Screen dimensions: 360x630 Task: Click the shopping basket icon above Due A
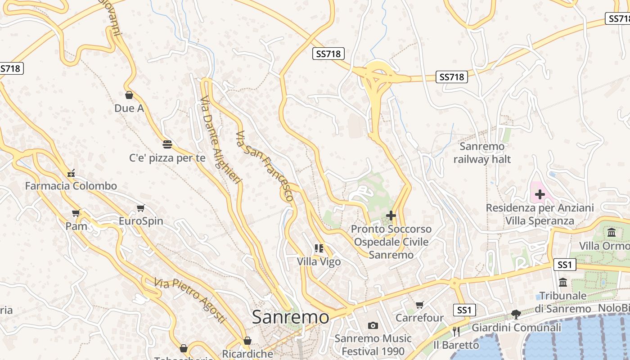(129, 95)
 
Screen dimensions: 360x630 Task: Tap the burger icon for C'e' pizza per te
(167, 144)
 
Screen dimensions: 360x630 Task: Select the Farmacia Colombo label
(71, 186)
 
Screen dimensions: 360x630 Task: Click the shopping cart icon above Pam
(76, 213)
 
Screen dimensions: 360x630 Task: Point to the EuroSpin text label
(141, 221)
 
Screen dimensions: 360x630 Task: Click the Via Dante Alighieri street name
(220, 139)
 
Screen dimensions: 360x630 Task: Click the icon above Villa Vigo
(319, 248)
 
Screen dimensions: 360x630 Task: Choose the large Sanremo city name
(290, 317)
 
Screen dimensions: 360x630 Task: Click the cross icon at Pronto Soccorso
(391, 216)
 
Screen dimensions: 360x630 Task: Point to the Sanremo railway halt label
(482, 153)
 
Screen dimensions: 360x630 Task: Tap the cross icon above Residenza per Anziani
(540, 195)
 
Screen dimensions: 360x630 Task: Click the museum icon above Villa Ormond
(612, 233)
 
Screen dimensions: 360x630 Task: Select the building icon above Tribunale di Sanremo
(563, 283)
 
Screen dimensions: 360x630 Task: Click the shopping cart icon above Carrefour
(420, 305)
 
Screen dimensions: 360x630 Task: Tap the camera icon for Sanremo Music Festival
(373, 325)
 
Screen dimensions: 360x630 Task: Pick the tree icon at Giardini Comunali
(516, 314)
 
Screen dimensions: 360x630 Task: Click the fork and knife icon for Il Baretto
(456, 332)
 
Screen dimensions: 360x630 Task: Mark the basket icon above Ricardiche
(247, 341)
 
